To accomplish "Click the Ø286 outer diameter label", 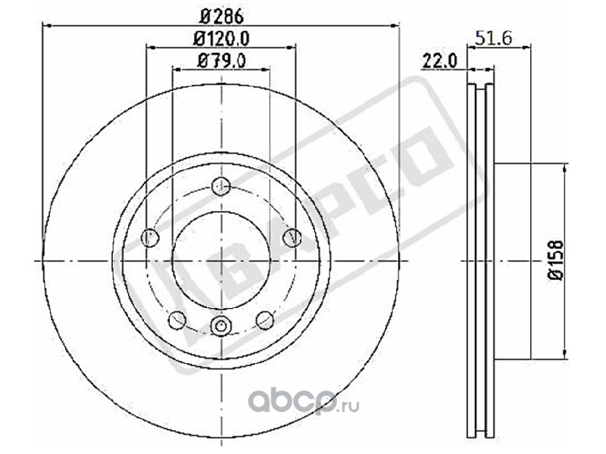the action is click(222, 16).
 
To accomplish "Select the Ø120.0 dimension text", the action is click(221, 39).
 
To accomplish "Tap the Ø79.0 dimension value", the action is click(221, 61).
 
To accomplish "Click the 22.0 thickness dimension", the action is click(440, 61).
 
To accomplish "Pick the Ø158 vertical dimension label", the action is click(556, 260).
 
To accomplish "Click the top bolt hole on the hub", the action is click(221, 186).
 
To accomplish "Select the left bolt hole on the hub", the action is click(150, 238).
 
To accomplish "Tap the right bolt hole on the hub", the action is click(292, 237).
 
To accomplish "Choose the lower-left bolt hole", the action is click(178, 320).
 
